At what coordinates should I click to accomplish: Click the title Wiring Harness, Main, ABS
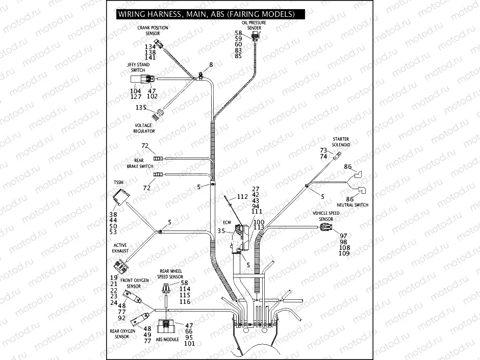[x=207, y=14]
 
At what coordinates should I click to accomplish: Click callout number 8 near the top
[x=211, y=65]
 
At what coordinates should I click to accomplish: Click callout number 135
[x=140, y=108]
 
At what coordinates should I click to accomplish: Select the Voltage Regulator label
[x=144, y=128]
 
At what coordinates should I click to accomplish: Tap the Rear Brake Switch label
[x=140, y=163]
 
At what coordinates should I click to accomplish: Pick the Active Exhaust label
[x=120, y=248]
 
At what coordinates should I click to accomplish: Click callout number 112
[x=242, y=197]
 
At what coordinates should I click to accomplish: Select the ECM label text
[x=228, y=222]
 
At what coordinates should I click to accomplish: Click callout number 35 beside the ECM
[x=221, y=231]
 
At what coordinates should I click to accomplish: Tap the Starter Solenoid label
[x=341, y=141]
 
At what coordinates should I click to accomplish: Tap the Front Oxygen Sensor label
[x=135, y=284]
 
